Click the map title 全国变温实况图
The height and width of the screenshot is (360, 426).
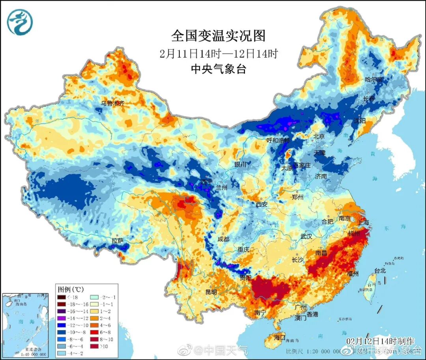click(218, 36)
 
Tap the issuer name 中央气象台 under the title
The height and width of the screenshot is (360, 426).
click(218, 69)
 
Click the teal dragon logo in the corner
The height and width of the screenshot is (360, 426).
click(20, 22)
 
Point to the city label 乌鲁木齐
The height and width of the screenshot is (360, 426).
click(112, 103)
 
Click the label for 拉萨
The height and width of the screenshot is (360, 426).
click(118, 240)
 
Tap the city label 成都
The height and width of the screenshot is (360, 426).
click(223, 239)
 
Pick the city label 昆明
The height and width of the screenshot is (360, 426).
click(211, 292)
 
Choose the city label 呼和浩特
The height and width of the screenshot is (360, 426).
click(278, 140)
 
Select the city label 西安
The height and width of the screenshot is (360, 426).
click(262, 204)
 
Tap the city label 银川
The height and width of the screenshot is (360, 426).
click(241, 164)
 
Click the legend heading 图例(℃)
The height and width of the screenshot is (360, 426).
click(70, 289)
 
